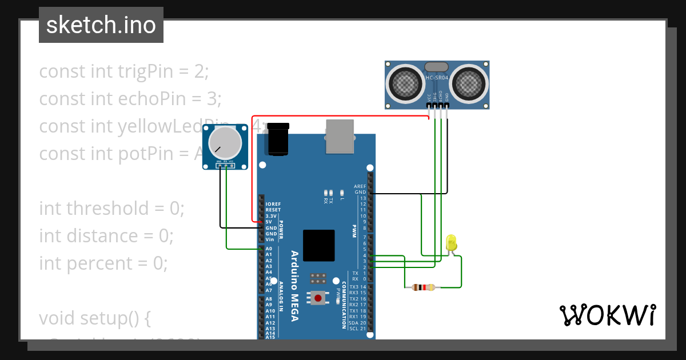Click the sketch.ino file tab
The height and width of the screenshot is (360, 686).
101,25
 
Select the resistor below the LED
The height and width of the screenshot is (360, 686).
423,287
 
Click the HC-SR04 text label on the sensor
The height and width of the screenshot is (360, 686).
437,78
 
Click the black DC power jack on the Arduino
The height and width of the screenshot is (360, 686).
278,139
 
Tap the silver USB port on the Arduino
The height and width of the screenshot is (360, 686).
340,137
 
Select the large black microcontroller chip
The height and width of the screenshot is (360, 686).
318,246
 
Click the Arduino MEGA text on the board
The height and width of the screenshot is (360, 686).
294,286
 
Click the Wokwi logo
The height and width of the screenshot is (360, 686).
607,315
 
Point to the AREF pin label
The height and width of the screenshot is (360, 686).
360,186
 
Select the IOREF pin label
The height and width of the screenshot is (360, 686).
273,204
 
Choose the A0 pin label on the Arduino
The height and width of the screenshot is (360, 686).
269,249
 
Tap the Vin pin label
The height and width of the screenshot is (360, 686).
270,239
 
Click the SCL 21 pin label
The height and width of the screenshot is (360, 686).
357,329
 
